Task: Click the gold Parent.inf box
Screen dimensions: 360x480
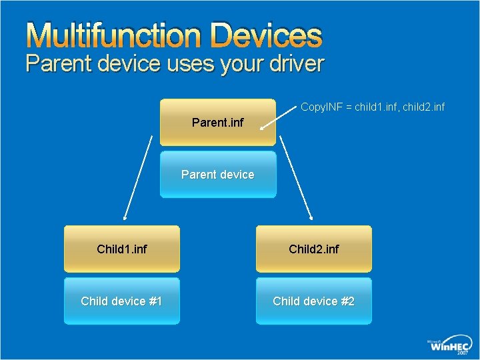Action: (218, 122)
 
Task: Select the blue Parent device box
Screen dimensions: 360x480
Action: (218, 175)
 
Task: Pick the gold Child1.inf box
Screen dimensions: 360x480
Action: (122, 249)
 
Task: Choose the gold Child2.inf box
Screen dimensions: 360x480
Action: (314, 249)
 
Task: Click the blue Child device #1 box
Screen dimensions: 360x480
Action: (122, 301)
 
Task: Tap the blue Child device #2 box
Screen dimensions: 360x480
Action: (314, 301)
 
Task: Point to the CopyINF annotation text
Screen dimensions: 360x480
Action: (372, 107)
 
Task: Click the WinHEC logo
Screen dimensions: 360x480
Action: (451, 345)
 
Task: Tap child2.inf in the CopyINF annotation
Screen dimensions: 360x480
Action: (423, 107)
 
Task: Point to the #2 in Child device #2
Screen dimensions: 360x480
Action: (347, 301)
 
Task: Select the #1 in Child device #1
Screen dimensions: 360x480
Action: (155, 301)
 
